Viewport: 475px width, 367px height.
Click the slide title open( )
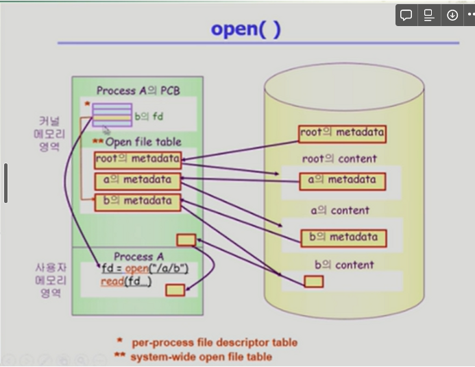click(x=245, y=29)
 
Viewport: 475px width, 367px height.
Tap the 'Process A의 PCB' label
click(x=138, y=91)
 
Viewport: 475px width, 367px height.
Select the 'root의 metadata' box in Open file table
click(x=138, y=160)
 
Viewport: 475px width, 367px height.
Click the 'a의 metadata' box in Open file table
click(x=138, y=181)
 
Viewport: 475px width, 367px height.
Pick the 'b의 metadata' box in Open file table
click(x=138, y=202)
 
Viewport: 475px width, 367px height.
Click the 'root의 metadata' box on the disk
click(x=342, y=133)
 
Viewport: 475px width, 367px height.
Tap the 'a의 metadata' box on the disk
click(x=342, y=181)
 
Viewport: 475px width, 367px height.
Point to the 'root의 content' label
click(x=339, y=158)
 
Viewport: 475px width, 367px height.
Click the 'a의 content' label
click(x=339, y=211)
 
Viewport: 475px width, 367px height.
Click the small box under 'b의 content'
click(x=314, y=281)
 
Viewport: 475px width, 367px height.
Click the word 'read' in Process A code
click(x=112, y=281)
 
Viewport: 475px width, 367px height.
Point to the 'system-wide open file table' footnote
click(x=201, y=357)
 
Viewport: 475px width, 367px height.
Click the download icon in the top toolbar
click(x=452, y=15)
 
